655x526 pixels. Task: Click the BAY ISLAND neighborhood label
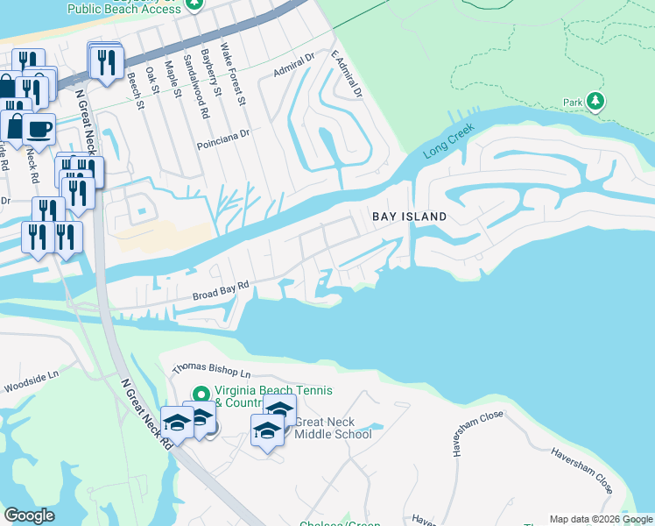[409, 217]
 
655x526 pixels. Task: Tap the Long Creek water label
[448, 140]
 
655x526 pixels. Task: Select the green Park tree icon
[595, 102]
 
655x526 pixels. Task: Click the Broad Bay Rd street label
[222, 291]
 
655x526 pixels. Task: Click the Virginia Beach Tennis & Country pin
[201, 394]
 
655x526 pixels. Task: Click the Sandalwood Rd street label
[196, 87]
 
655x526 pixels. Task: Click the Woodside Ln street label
[31, 379]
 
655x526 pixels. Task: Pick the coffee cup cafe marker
[39, 131]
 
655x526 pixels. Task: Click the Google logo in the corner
[29, 515]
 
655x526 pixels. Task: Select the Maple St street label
[174, 82]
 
